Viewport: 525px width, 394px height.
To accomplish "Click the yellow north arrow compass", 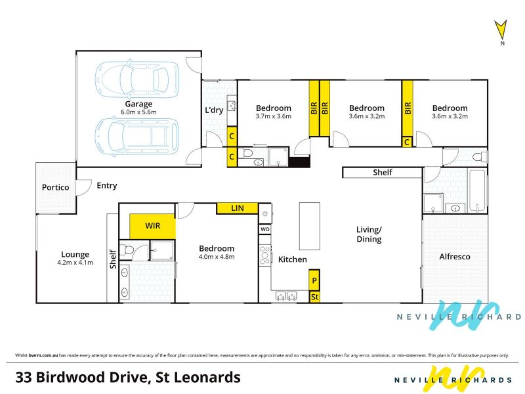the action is (x=501, y=30).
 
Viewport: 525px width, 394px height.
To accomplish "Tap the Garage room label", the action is (x=138, y=104).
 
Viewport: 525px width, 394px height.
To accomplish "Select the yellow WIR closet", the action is (x=152, y=226).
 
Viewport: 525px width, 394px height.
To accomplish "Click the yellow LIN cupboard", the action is (x=238, y=208).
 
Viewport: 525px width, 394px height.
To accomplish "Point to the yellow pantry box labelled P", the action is (x=314, y=280).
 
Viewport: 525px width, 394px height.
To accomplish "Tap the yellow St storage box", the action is (x=314, y=297).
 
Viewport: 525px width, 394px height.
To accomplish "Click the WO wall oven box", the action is (x=265, y=229).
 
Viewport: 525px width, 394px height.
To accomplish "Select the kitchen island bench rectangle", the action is (x=309, y=226).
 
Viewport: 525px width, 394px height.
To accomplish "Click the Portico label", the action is (x=56, y=187).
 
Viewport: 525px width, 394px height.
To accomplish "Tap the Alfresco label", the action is (x=455, y=257).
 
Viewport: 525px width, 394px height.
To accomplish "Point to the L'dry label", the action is (x=214, y=110).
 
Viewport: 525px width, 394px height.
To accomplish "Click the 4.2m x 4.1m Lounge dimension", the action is (x=75, y=263).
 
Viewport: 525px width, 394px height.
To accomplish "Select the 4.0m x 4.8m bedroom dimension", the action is (x=217, y=257).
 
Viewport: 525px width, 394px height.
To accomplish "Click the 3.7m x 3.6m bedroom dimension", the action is (x=273, y=116).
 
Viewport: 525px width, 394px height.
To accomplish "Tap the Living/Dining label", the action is (x=369, y=234).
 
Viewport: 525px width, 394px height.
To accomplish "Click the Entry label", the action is (x=107, y=186).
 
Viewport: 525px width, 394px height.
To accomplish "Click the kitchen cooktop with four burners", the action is (x=265, y=255).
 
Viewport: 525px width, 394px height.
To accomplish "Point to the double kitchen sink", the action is (x=286, y=296).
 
